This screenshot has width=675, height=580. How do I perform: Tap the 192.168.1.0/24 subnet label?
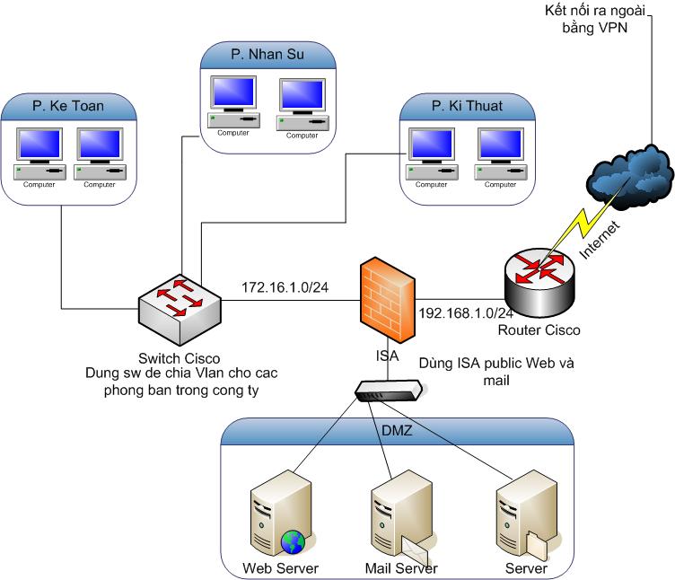tap(466, 313)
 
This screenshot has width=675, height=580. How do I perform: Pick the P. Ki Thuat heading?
tap(466, 106)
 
